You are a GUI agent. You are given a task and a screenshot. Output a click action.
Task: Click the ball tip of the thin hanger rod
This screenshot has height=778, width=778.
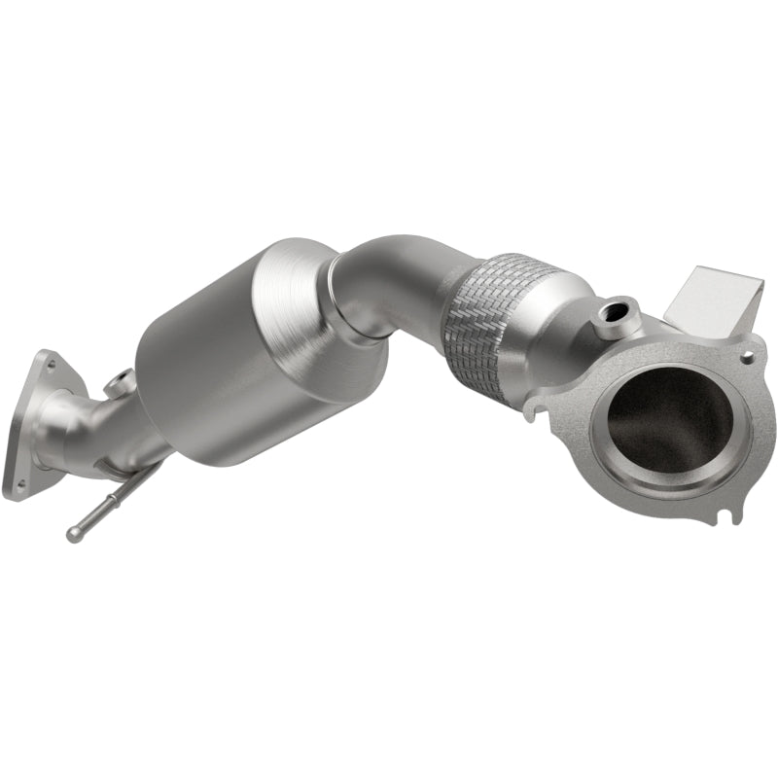pyautogui.click(x=74, y=534)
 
